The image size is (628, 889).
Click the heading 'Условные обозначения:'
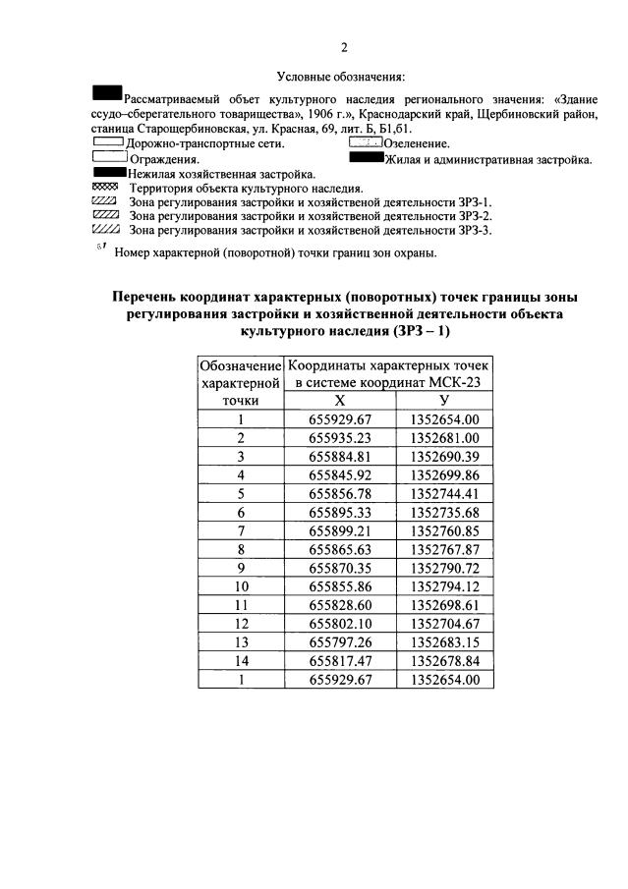point(341,76)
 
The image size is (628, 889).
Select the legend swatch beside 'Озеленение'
point(366,143)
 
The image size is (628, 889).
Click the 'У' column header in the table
point(444,400)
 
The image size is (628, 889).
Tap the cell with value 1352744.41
point(444,493)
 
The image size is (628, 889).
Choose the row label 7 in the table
point(240,530)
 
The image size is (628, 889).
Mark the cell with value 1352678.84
point(444,661)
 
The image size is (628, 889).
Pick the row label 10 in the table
point(240,586)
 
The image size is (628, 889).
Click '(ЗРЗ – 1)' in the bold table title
point(414,332)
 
